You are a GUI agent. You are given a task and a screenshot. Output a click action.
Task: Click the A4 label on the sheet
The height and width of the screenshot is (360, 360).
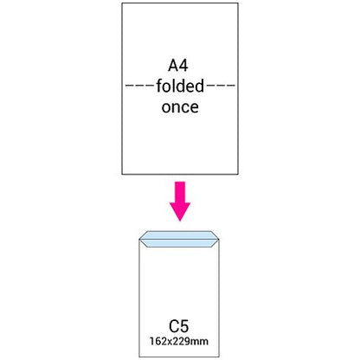coord(178,66)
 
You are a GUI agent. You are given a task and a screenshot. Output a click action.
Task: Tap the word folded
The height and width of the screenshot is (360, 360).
coord(180,86)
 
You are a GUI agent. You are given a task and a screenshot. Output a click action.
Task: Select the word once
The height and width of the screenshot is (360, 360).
coord(180,107)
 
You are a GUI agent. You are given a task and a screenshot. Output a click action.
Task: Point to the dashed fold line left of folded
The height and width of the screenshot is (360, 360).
coord(140,86)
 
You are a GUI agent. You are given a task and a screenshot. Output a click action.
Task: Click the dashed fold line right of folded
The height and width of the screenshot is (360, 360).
coord(221,86)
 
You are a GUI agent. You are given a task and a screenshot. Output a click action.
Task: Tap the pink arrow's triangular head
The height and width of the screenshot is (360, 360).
coord(180,211)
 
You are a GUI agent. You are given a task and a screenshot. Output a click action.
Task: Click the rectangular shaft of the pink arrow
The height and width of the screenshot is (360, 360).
coord(180,192)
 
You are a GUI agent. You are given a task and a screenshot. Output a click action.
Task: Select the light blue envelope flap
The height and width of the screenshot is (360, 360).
coord(179,239)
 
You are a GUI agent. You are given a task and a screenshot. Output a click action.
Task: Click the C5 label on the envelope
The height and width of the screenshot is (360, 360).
coord(179,326)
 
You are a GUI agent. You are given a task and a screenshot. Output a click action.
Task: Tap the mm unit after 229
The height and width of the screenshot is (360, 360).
coord(199,342)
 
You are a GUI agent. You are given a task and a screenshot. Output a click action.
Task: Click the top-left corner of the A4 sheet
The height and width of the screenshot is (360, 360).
coord(122,3)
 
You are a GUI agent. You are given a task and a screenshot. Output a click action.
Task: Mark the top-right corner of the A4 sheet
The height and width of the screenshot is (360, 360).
coord(238,3)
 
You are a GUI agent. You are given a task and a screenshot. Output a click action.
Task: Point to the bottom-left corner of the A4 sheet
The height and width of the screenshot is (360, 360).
coord(122,174)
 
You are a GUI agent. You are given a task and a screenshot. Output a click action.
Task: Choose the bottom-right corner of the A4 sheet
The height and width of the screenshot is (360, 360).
coord(238,174)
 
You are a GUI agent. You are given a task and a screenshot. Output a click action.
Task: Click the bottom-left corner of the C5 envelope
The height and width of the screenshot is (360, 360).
coord(139,357)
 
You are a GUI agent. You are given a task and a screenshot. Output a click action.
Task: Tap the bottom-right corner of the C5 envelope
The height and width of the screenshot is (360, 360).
coord(219,357)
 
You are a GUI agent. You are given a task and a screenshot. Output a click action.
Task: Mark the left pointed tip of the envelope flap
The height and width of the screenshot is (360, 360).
coord(139,239)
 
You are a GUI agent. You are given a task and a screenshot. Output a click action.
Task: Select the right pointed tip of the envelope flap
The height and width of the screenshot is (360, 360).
coord(220,239)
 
